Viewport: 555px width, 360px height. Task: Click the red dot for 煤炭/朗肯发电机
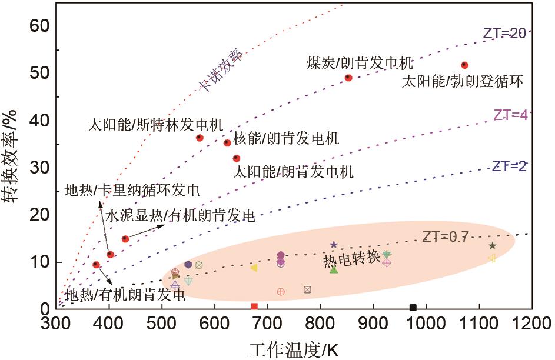click(x=348, y=77)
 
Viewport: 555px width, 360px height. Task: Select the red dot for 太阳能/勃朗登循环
click(x=464, y=65)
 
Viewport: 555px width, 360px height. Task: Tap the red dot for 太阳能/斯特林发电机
click(x=200, y=138)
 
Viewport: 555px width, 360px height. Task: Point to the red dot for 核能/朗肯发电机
click(x=227, y=142)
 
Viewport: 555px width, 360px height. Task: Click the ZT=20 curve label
click(x=504, y=34)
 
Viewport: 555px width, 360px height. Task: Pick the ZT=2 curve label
click(x=510, y=166)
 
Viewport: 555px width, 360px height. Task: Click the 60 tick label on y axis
click(x=41, y=26)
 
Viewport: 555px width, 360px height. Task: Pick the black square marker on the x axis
click(x=413, y=307)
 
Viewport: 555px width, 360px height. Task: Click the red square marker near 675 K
click(x=254, y=306)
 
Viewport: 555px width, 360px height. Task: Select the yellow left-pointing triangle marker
click(x=254, y=268)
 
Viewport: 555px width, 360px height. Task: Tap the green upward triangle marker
click(x=334, y=269)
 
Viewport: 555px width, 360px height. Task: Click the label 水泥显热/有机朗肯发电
click(x=180, y=216)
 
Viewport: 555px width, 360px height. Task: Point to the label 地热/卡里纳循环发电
click(x=132, y=191)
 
